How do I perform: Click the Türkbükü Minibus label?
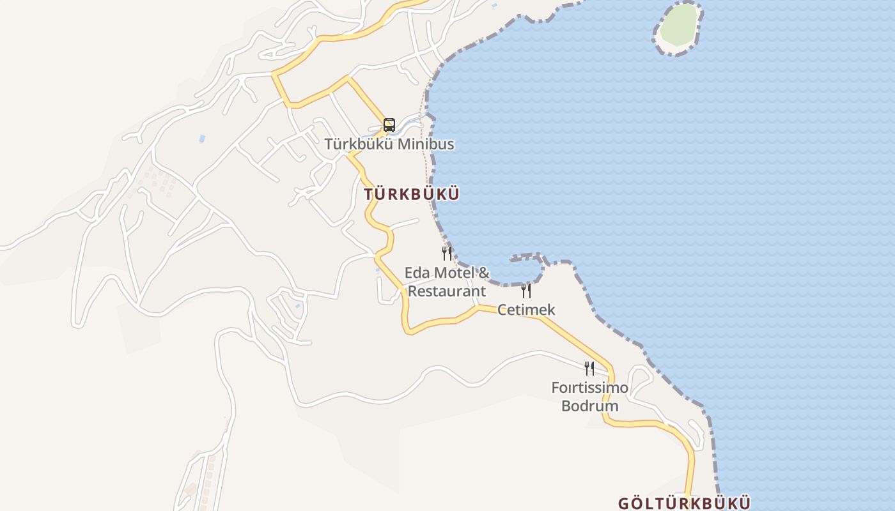tap(389, 144)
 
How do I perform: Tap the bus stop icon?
tap(389, 125)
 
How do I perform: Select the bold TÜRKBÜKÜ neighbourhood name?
tap(412, 195)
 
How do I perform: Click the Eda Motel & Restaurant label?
tap(447, 282)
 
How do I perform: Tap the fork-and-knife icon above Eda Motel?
tap(447, 254)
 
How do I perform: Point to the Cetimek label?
tap(526, 310)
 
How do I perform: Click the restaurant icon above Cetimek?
tap(526, 291)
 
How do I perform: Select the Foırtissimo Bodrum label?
tap(589, 397)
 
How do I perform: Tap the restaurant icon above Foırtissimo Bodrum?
tap(589, 368)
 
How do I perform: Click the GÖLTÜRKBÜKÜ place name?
tap(684, 503)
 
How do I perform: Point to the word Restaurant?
tap(447, 291)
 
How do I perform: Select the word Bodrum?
tap(589, 406)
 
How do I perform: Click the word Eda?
tap(417, 273)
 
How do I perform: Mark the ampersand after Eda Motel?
tap(483, 273)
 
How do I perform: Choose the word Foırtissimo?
tap(589, 388)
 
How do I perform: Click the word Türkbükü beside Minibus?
tap(359, 144)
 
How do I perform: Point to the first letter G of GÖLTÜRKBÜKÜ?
tap(624, 503)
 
